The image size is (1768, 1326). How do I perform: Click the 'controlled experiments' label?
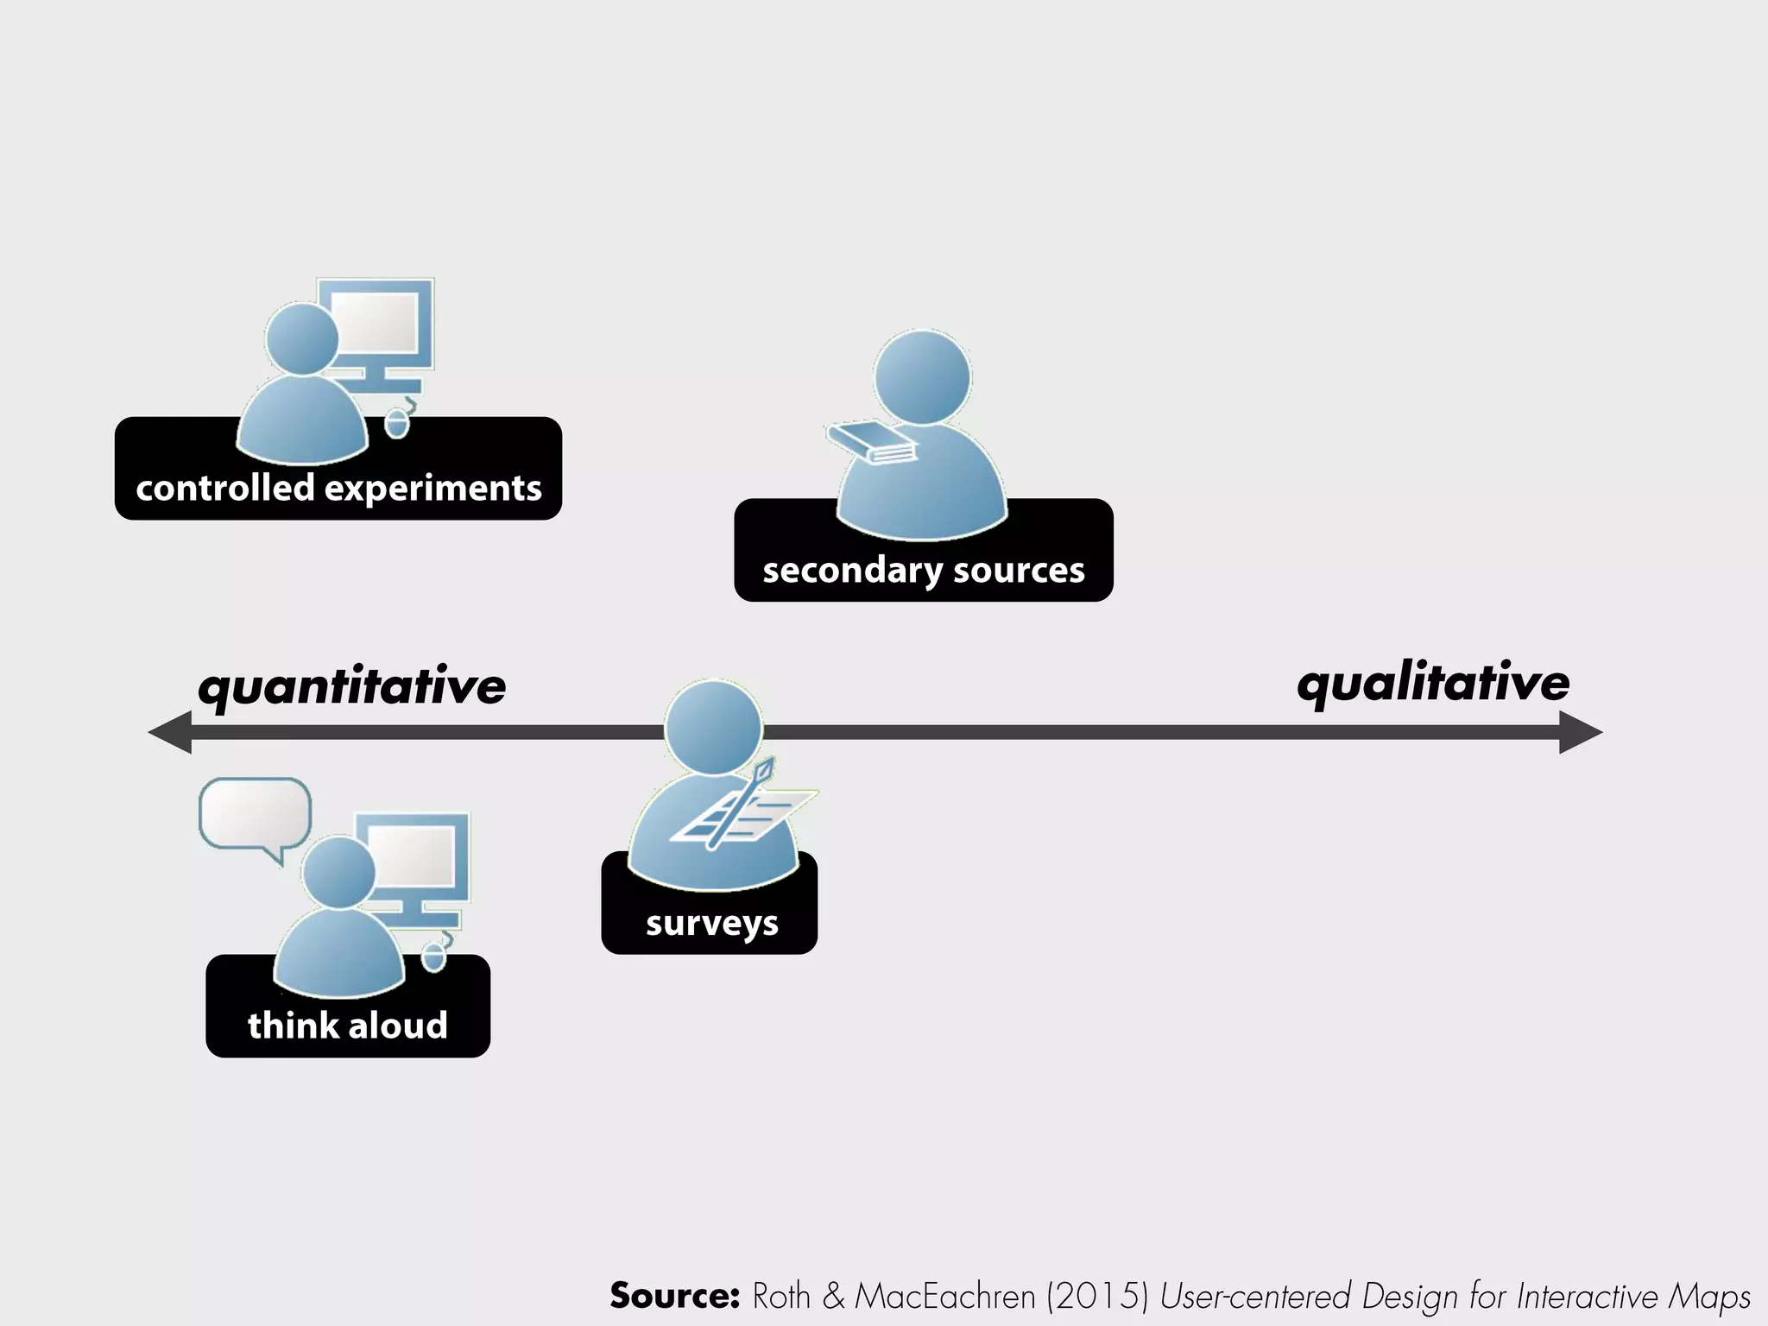click(338, 488)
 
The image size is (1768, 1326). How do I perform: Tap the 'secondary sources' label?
click(923, 570)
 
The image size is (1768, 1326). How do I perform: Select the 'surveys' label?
click(711, 922)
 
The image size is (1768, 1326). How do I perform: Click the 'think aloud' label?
click(348, 1025)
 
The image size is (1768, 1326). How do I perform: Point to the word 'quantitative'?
click(351, 687)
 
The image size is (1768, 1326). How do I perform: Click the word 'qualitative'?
click(1433, 683)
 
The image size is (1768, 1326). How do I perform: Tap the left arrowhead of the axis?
click(171, 732)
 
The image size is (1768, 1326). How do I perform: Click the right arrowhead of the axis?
click(1580, 732)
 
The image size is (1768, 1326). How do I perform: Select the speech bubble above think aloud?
click(255, 814)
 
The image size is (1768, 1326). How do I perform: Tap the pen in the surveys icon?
click(741, 803)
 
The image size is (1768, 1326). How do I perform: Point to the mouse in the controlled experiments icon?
click(396, 424)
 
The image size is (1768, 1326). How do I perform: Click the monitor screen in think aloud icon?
click(412, 856)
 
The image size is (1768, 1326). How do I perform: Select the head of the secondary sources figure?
click(922, 377)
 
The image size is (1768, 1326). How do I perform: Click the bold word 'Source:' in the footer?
click(674, 1295)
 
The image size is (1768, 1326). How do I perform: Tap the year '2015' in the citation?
click(1097, 1296)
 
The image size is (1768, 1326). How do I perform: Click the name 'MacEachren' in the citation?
click(944, 1296)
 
